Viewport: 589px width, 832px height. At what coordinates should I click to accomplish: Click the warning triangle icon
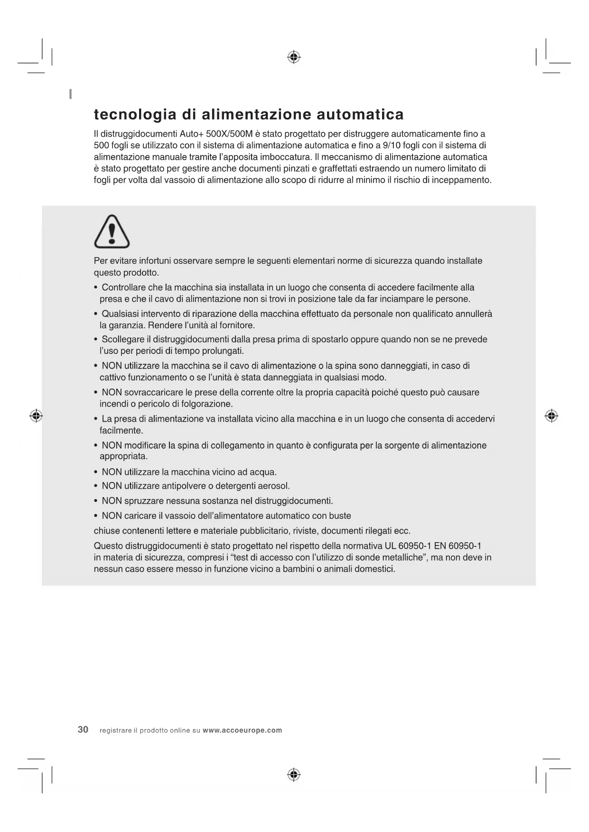click(x=112, y=232)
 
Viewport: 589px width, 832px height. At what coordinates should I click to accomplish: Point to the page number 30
click(x=83, y=730)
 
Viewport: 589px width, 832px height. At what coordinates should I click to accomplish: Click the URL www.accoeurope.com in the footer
click(x=242, y=730)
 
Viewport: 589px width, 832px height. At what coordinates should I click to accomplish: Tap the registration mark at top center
click(x=294, y=57)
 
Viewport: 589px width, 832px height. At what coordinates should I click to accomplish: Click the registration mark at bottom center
click(x=294, y=775)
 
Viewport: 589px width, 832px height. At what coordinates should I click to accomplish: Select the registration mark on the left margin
click(x=36, y=416)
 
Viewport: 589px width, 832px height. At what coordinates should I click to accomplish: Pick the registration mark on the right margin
click(x=551, y=416)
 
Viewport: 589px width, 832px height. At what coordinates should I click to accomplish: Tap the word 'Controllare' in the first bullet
click(x=124, y=287)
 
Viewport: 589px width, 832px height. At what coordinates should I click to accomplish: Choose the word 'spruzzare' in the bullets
click(x=143, y=501)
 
